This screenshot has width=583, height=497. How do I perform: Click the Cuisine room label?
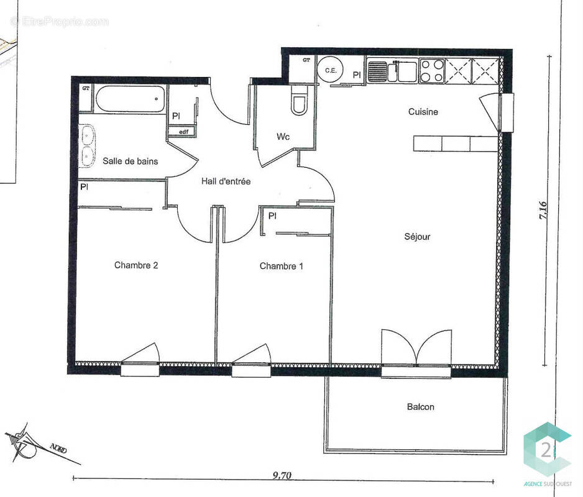point(423,112)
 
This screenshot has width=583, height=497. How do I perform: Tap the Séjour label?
point(417,236)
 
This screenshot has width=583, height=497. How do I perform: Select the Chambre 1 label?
point(281,266)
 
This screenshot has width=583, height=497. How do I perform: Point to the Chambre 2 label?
point(136,265)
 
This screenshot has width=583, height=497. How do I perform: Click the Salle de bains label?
point(131,162)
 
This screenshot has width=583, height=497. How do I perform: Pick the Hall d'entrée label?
point(226,181)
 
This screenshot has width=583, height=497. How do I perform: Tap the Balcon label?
point(420,407)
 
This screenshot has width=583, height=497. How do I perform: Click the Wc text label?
point(283,137)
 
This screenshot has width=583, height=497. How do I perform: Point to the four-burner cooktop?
point(431,70)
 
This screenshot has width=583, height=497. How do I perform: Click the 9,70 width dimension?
point(282,476)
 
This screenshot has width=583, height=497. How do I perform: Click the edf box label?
point(183,132)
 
